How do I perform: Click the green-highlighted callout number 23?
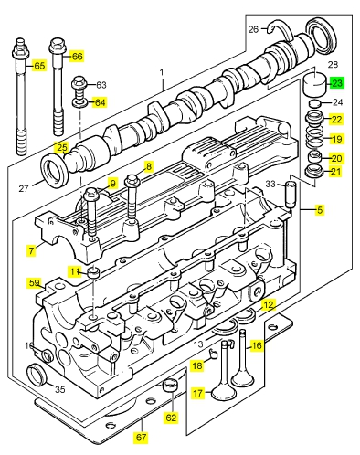(x=337, y=83)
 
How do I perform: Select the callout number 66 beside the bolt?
(x=77, y=57)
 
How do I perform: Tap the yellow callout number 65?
(x=39, y=66)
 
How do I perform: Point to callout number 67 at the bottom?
(x=141, y=438)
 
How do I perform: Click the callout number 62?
(x=171, y=418)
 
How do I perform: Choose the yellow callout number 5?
(x=320, y=210)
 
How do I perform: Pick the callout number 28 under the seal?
(x=333, y=64)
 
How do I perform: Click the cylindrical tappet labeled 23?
(x=315, y=83)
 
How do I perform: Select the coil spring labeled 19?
(x=315, y=139)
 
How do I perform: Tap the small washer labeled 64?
(x=80, y=103)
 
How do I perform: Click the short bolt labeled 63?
(x=79, y=87)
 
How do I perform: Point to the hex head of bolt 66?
(x=56, y=46)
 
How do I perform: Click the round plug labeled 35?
(x=37, y=374)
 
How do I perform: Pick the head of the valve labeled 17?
(x=224, y=392)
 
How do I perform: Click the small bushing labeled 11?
(x=94, y=272)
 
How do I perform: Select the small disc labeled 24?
(x=315, y=103)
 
